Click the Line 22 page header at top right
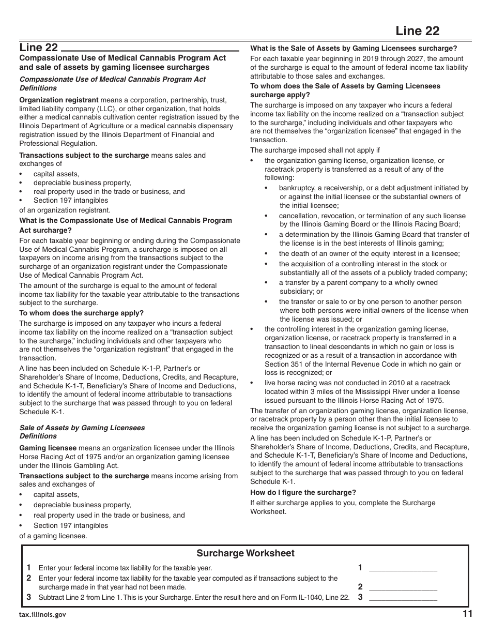[x=417, y=31]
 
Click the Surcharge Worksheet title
[x=245, y=553]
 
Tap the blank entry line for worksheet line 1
[x=403, y=568]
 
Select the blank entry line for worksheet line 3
[x=403, y=597]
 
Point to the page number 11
[x=467, y=614]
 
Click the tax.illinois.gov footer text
[x=42, y=615]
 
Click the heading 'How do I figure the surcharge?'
[x=303, y=492]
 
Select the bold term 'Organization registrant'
[x=59, y=100]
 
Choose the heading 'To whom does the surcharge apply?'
[x=81, y=313]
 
